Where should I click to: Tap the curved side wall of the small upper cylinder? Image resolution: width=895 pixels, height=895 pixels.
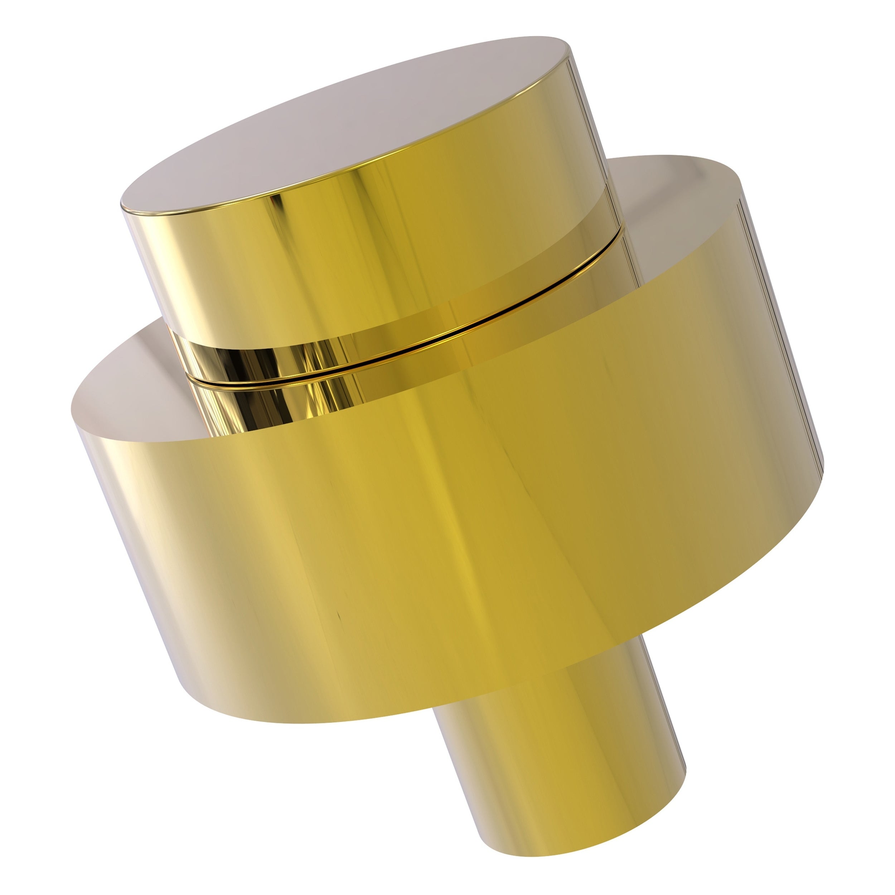(x=371, y=260)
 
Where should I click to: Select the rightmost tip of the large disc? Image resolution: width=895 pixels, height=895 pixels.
(x=822, y=463)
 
